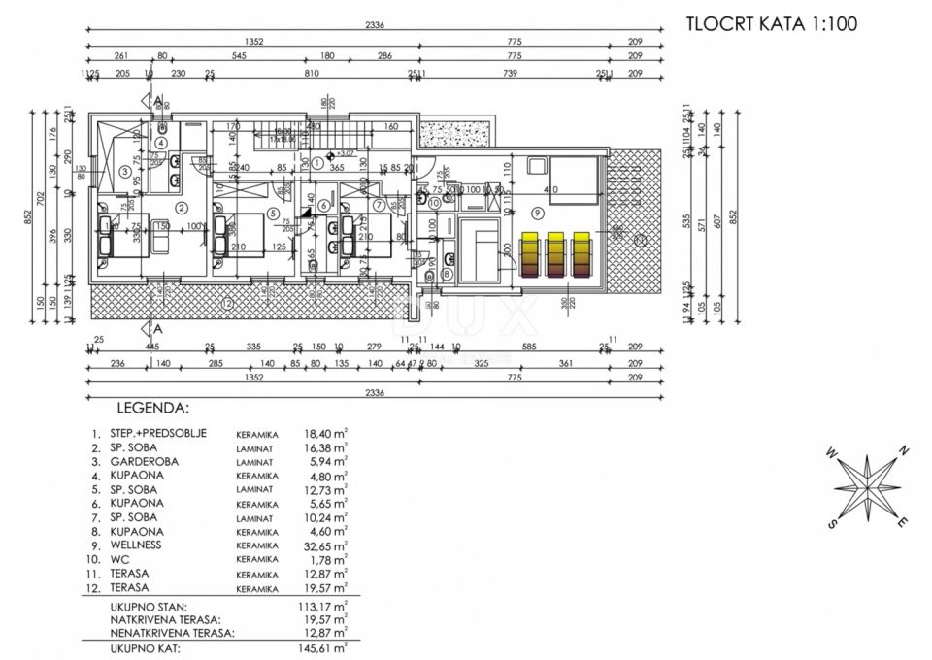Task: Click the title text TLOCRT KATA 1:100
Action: [x=770, y=24]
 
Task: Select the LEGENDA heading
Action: [x=152, y=409]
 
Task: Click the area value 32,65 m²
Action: [x=326, y=545]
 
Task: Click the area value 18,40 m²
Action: [x=326, y=434]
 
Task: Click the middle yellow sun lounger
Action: [x=556, y=254]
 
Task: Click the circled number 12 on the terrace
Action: [x=227, y=304]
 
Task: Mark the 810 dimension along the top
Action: [x=312, y=72]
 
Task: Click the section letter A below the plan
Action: [x=157, y=328]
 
